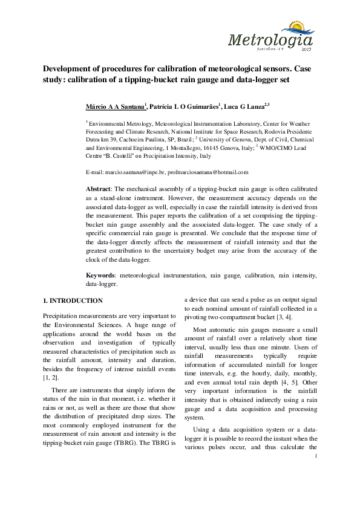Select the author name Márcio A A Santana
pos(117,106)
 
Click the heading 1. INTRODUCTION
pos(73,300)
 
